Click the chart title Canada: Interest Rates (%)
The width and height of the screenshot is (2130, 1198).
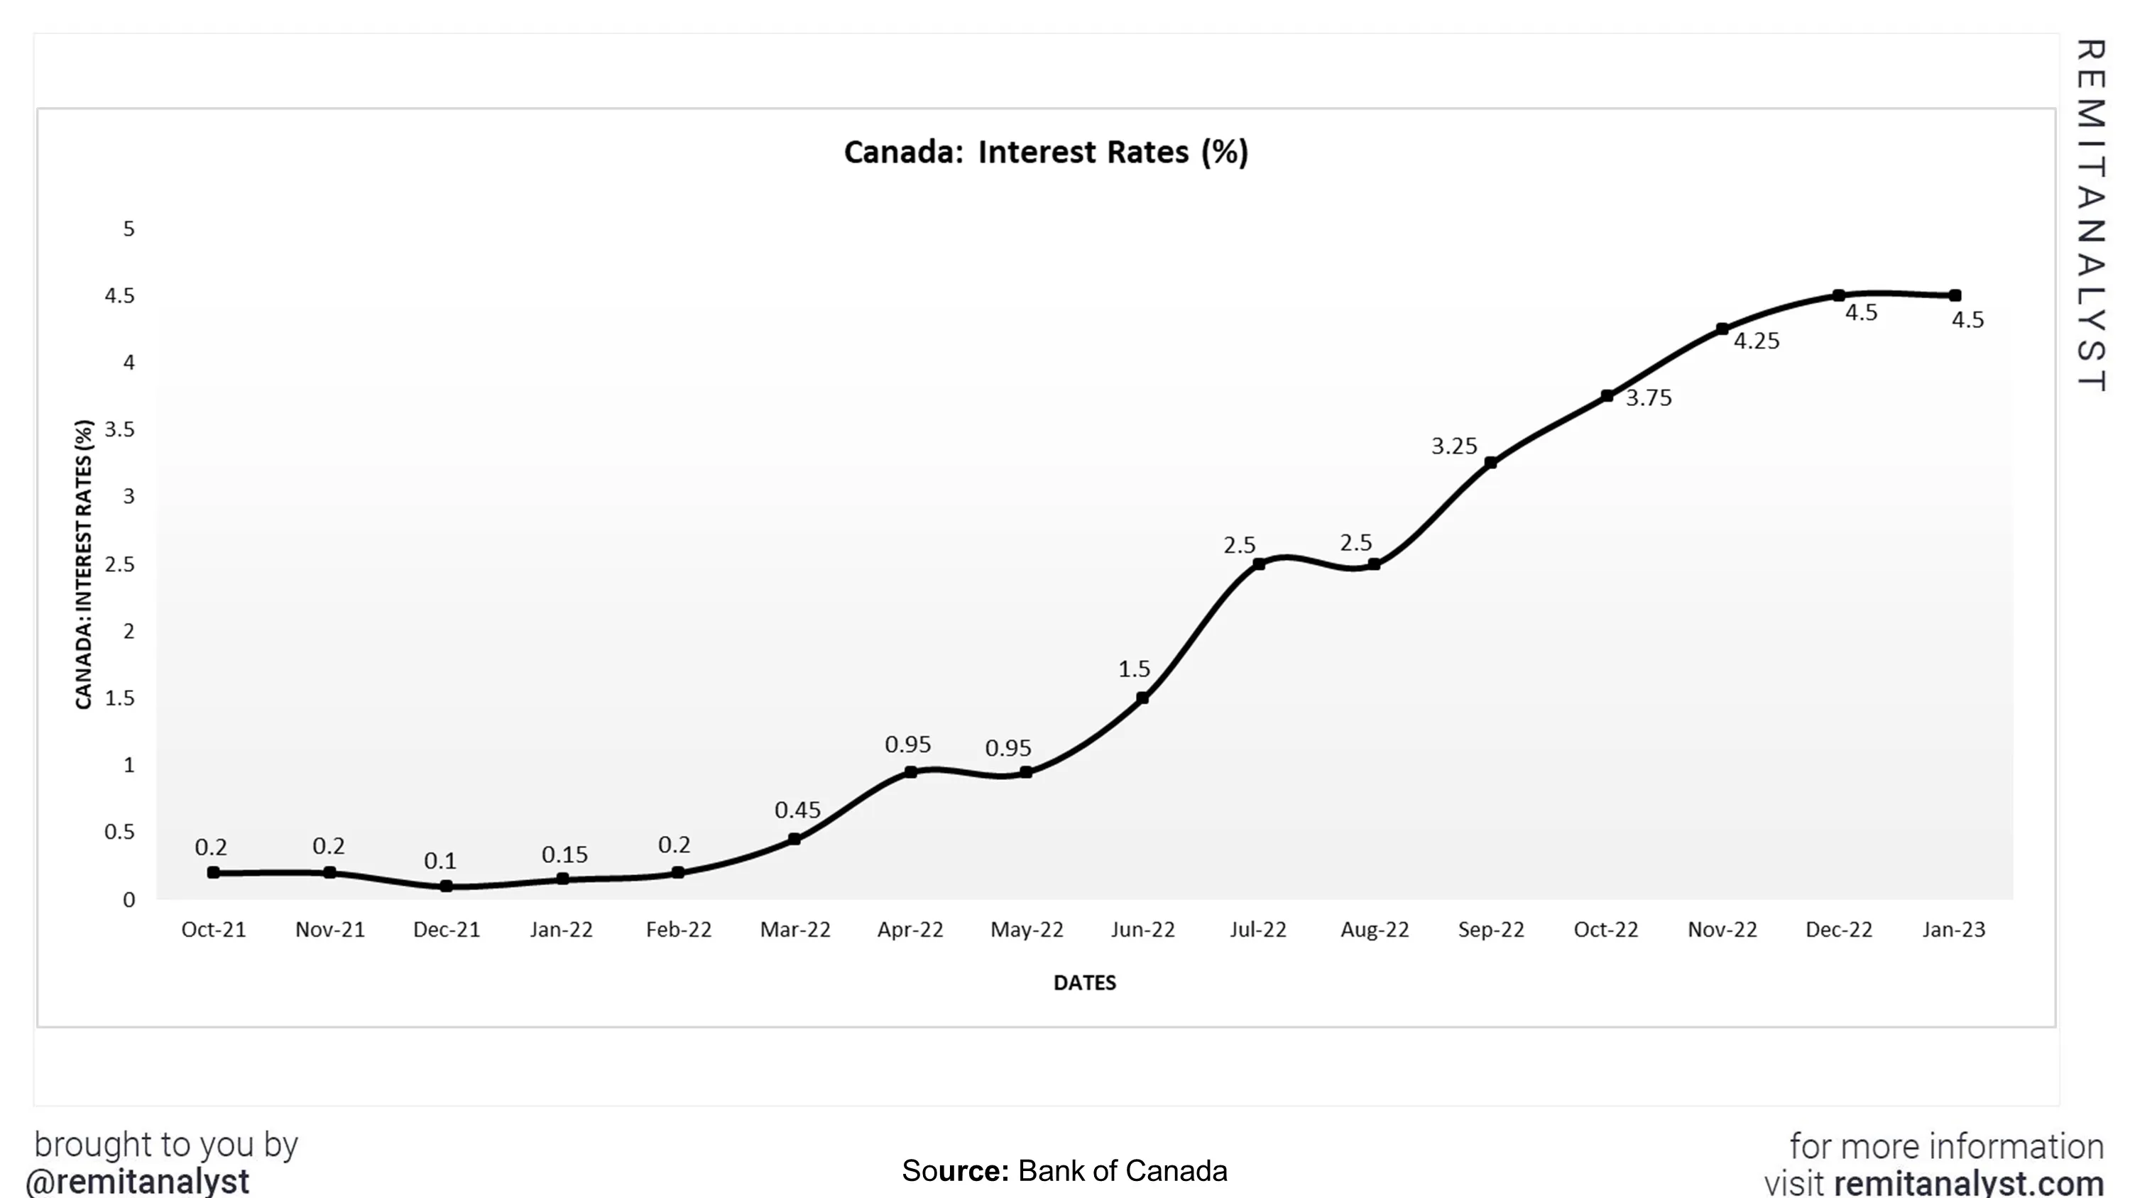[1045, 152]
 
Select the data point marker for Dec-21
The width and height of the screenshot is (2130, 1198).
[447, 886]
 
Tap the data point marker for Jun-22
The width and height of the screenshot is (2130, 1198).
[1142, 698]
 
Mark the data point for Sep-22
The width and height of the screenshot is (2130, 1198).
[1491, 463]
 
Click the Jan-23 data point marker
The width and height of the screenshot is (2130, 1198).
[1955, 295]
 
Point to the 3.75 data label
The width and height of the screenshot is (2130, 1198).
[1649, 397]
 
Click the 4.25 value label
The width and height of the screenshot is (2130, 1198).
[1757, 341]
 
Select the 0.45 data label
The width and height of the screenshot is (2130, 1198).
[797, 809]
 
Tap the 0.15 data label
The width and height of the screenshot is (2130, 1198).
[564, 854]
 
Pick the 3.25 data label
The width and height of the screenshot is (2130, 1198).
[1453, 446]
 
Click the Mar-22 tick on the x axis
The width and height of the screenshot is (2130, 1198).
[794, 929]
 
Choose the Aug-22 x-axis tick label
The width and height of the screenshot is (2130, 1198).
[1375, 929]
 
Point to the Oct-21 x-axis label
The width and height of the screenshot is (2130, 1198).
[213, 929]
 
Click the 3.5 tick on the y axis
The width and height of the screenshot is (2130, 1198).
[119, 429]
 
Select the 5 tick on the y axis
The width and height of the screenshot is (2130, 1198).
[129, 229]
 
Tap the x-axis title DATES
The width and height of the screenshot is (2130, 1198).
[1084, 982]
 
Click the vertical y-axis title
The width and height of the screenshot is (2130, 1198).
[84, 564]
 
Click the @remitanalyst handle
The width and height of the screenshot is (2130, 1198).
[138, 1182]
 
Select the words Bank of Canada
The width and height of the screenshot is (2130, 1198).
[1122, 1171]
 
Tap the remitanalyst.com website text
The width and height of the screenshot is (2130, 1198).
[1968, 1183]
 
